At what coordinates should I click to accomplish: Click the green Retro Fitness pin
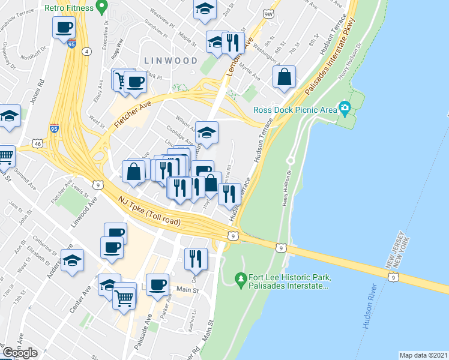pyautogui.click(x=101, y=8)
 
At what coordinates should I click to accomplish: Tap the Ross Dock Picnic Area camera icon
pyautogui.click(x=345, y=109)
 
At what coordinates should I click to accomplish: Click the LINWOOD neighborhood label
pyautogui.click(x=170, y=61)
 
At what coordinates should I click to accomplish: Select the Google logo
pyautogui.click(x=20, y=352)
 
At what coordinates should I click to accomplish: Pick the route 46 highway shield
pyautogui.click(x=38, y=144)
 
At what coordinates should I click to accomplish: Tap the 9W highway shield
pyautogui.click(x=268, y=12)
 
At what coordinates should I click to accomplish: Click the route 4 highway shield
pyautogui.click(x=88, y=52)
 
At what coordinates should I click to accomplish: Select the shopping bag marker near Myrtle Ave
pyautogui.click(x=285, y=77)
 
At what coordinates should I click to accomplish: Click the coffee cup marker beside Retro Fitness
pyautogui.click(x=64, y=26)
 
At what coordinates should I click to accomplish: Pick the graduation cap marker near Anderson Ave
pyautogui.click(x=73, y=260)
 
